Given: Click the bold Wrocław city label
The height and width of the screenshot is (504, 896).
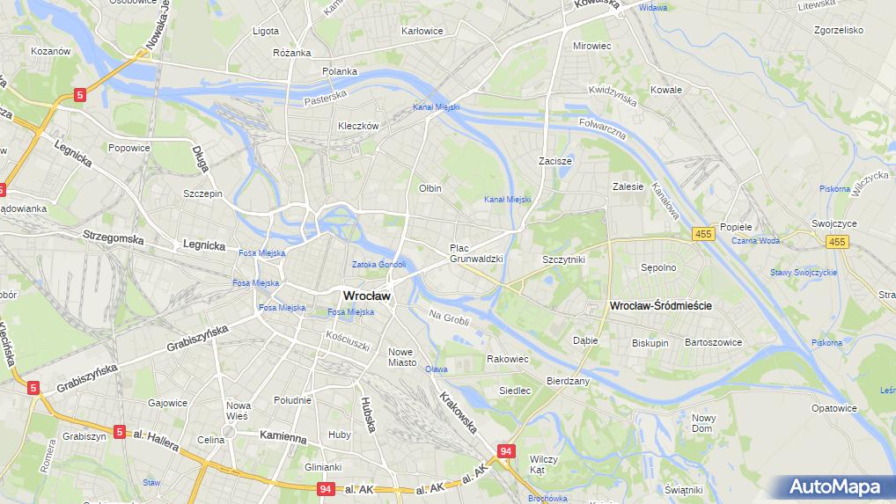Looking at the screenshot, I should [366, 296].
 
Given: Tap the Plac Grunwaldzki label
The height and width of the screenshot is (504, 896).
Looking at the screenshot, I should [475, 253].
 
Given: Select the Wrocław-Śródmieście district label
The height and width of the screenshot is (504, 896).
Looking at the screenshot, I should [660, 305].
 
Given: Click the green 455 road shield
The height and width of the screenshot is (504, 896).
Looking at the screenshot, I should [702, 233].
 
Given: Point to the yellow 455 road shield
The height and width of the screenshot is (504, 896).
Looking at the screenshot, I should [836, 242].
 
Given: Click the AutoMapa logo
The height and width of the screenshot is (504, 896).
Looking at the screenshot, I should [834, 486].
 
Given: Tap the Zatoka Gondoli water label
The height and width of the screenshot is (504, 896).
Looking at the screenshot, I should [378, 265].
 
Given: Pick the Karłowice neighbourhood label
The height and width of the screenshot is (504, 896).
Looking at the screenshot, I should [422, 31].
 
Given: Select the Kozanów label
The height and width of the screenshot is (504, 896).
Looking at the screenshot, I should [50, 51].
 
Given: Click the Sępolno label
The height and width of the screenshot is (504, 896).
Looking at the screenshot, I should [658, 267].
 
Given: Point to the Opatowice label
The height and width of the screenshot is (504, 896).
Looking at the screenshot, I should [834, 408].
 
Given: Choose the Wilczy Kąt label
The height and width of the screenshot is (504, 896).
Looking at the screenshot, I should [543, 464].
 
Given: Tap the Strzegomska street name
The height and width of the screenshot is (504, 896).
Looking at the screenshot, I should [113, 237].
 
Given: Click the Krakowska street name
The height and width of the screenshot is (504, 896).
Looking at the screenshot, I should [459, 413].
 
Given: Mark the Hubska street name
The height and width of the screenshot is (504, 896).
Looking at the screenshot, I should [368, 414].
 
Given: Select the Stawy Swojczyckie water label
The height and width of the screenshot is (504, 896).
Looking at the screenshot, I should [804, 273].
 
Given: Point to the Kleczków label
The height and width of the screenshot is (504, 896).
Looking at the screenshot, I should [358, 126].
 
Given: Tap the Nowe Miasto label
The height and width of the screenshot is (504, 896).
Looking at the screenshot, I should [401, 357].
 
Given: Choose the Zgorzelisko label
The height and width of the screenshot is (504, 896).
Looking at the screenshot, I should [838, 29].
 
